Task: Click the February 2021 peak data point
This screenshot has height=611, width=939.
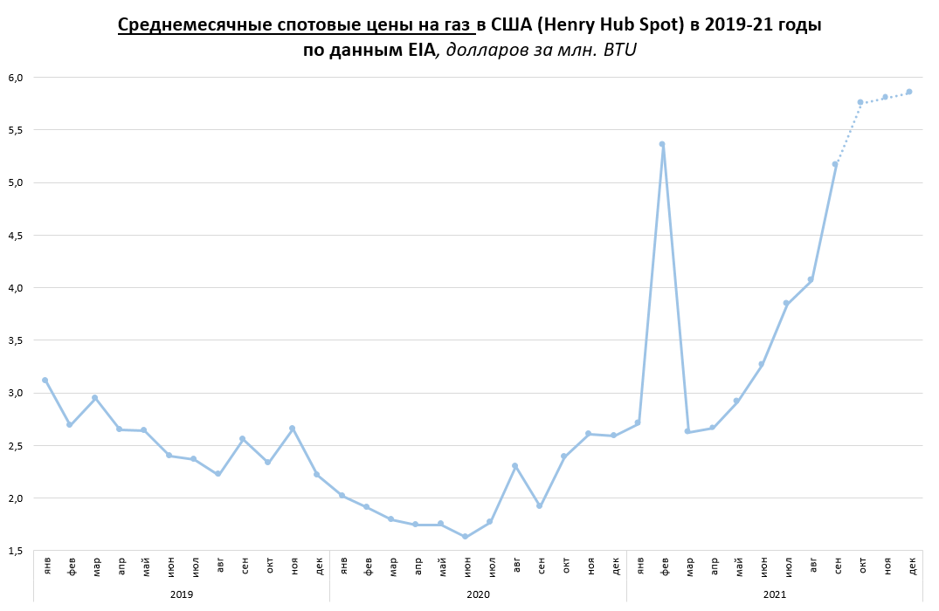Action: coord(662,144)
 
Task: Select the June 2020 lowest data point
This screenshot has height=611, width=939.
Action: coord(465,536)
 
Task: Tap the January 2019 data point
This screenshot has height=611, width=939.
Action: coord(45,380)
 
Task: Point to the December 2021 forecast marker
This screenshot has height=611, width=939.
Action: coord(909,92)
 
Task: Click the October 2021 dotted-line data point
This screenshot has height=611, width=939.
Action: coord(860,102)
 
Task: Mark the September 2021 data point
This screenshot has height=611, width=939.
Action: coord(835,164)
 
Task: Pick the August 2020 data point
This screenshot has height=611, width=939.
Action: coord(514,465)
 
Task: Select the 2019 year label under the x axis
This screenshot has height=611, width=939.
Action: coord(181,594)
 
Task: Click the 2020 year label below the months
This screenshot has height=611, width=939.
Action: coord(478,594)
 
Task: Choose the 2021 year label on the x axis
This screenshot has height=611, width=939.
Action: coord(774,594)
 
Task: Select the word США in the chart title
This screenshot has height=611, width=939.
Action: coord(519,24)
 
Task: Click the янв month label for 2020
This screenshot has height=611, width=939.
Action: coord(342,564)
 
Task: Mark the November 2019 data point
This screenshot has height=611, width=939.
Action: coord(292,428)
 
